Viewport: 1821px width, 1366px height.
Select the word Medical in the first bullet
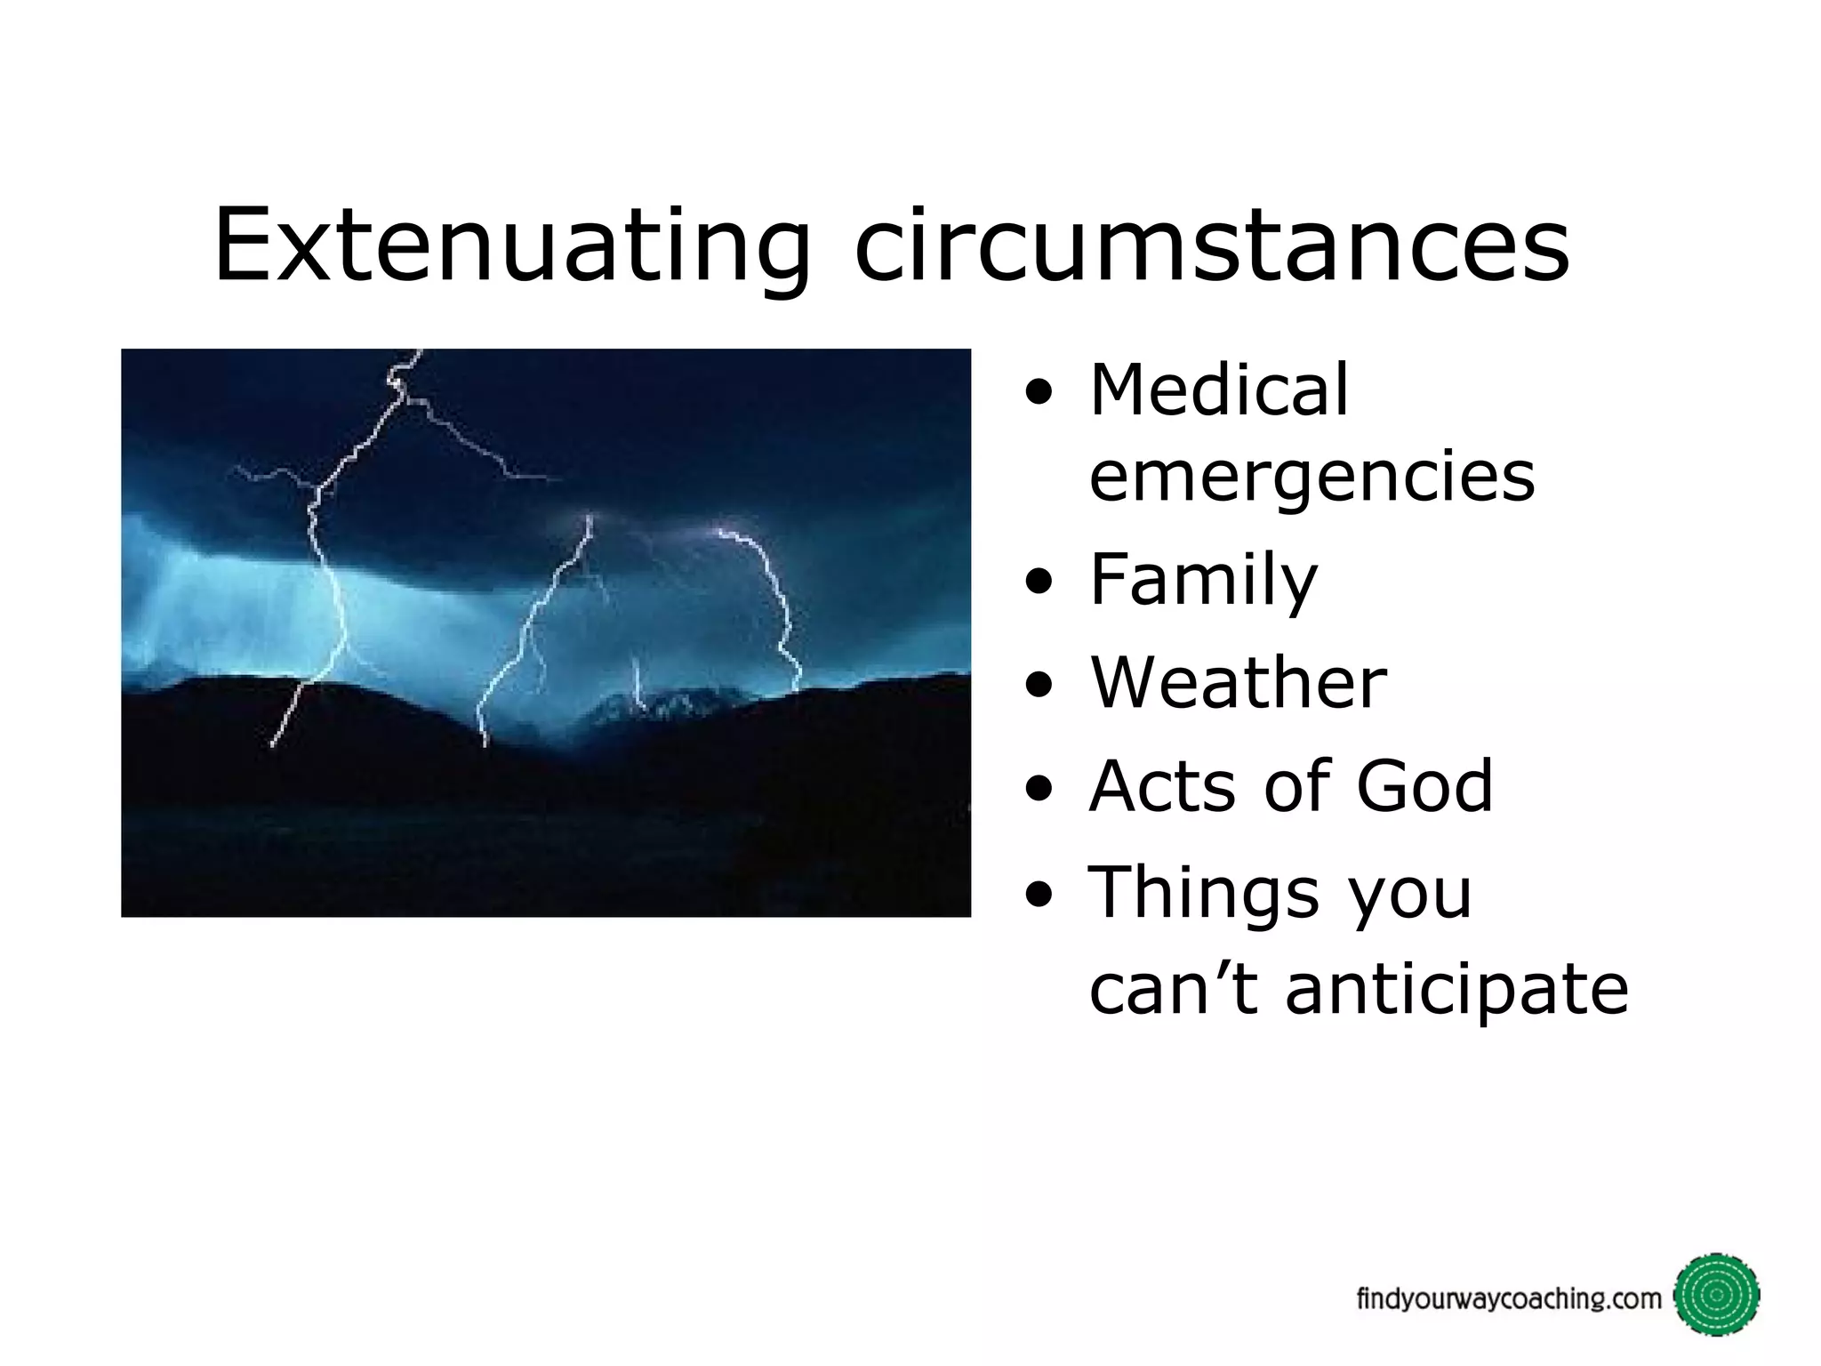[x=1219, y=390]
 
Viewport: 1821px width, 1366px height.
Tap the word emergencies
[x=1312, y=477]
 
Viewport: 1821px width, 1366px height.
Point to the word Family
[x=1203, y=580]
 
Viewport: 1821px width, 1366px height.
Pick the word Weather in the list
[x=1238, y=683]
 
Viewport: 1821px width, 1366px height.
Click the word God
[x=1424, y=786]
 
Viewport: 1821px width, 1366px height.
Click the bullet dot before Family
[x=1038, y=583]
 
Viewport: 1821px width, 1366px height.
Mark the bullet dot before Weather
[x=1038, y=687]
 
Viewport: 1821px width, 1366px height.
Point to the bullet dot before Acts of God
[x=1038, y=790]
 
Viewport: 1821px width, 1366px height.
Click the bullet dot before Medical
[x=1038, y=394]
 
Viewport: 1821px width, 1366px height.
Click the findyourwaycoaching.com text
[x=1508, y=1299]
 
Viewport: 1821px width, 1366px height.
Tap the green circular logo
[x=1716, y=1295]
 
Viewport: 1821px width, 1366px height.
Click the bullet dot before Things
[x=1038, y=896]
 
